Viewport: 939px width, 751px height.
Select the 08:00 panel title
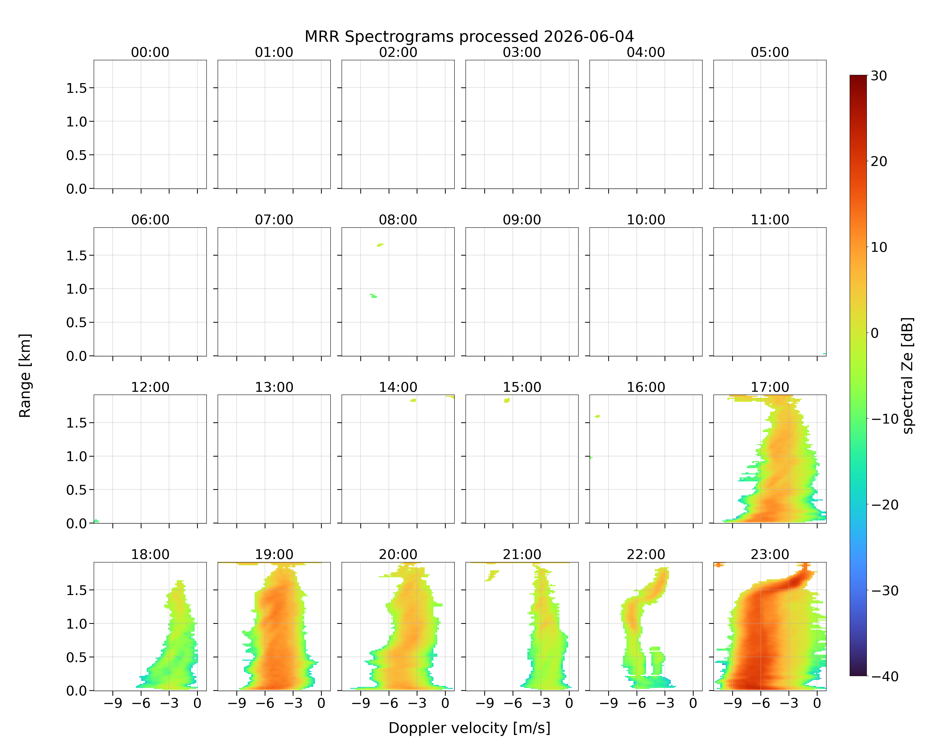[x=398, y=220]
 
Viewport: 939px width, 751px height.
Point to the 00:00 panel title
[x=150, y=52]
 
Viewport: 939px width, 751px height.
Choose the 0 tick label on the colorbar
[x=875, y=333]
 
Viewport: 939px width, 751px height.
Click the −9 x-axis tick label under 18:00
[x=113, y=703]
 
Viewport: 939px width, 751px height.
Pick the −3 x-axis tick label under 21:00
[x=541, y=703]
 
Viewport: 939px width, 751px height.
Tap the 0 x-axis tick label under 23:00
[x=817, y=703]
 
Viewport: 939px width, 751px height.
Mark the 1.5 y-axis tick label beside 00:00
[x=77, y=88]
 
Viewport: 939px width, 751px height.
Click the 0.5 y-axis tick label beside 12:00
[x=77, y=490]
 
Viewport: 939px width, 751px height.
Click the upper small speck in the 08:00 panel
[x=380, y=245]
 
